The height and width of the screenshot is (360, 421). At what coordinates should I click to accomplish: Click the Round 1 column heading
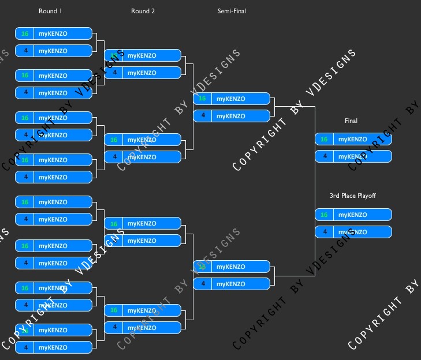click(x=50, y=11)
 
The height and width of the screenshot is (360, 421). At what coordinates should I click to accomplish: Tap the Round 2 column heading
click(x=143, y=11)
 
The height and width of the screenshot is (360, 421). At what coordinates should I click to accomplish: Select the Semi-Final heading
click(x=232, y=11)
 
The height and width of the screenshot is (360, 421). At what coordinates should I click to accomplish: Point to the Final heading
click(x=351, y=121)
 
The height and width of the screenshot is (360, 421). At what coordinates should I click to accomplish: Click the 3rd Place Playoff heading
click(x=352, y=196)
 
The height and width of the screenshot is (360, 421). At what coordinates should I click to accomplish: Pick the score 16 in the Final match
click(x=324, y=139)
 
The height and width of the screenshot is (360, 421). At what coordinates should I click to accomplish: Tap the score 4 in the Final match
click(x=324, y=156)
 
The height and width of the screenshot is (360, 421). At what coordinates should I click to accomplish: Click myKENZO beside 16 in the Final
click(x=352, y=139)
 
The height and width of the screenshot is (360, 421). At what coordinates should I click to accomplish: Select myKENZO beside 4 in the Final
click(x=352, y=156)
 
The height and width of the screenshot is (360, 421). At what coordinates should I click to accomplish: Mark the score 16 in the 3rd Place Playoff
click(x=324, y=215)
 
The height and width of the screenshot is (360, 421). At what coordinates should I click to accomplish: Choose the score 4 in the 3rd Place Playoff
click(x=324, y=232)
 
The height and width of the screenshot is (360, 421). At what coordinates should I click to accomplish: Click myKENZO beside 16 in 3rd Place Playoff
click(x=352, y=215)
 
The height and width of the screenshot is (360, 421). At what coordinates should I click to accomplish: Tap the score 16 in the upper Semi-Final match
click(x=202, y=99)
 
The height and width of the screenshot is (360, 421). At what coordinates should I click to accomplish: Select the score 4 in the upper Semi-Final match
click(x=202, y=116)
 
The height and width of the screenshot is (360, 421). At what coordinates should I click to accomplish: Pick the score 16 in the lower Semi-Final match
click(x=202, y=267)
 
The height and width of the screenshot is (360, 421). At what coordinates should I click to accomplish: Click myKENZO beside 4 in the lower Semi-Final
click(x=230, y=284)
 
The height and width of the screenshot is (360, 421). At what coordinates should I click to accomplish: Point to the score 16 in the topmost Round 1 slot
click(x=25, y=33)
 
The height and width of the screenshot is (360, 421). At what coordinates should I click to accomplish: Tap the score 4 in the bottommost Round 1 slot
click(x=25, y=347)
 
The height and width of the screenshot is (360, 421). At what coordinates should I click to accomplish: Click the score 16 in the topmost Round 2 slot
click(x=114, y=55)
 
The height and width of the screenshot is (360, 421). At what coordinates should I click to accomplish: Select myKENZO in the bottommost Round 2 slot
click(x=141, y=327)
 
